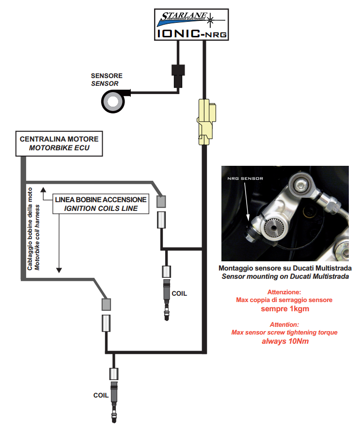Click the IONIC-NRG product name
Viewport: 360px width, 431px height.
[191, 33]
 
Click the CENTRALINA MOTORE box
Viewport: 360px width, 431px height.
[59, 143]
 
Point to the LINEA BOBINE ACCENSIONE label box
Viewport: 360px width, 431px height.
[101, 204]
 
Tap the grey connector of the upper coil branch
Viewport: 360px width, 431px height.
[161, 201]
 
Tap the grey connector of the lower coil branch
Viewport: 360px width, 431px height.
[106, 304]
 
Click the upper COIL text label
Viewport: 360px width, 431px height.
[178, 293]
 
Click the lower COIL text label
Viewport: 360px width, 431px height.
[101, 395]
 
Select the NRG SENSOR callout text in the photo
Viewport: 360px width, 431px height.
[245, 178]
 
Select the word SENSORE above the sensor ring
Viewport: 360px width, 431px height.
[107, 76]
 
